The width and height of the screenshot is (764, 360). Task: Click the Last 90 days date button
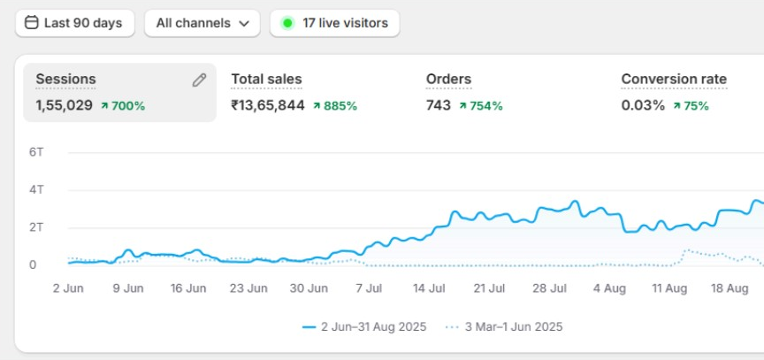[x=74, y=23]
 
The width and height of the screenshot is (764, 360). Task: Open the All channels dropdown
[x=202, y=23]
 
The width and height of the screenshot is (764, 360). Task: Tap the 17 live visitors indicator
[x=335, y=23]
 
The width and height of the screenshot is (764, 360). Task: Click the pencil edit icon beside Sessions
[x=199, y=80]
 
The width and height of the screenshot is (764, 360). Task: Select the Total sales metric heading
[x=266, y=79]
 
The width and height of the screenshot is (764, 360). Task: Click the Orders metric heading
[x=448, y=79]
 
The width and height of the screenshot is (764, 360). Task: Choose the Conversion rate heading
[x=674, y=79]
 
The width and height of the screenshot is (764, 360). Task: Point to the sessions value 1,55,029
[x=64, y=105]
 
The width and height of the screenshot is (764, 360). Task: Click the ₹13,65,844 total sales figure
[x=268, y=105]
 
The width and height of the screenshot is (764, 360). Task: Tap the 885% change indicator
[x=335, y=105]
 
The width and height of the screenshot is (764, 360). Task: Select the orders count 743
[x=438, y=105]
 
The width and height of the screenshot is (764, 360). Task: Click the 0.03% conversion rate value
[x=643, y=105]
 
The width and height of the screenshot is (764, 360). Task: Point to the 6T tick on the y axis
[x=36, y=152]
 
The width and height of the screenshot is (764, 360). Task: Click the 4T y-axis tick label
[x=36, y=189]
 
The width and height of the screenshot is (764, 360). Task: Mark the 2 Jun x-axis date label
[x=68, y=287]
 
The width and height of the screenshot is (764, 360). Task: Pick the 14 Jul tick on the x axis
[x=428, y=287]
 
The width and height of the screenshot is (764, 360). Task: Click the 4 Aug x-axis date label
[x=608, y=287]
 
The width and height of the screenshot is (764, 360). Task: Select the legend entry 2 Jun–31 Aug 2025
[x=364, y=326]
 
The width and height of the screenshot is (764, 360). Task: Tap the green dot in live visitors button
[x=287, y=23]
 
